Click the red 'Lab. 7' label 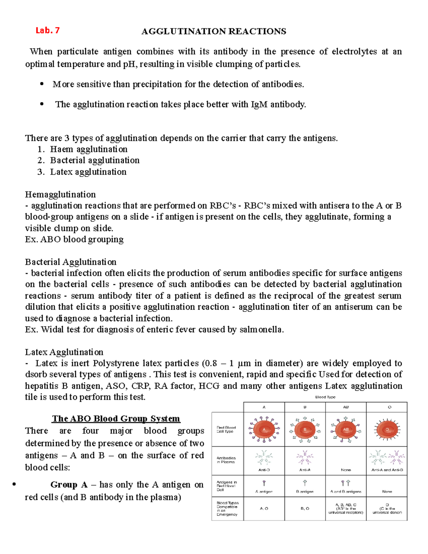point(47,31)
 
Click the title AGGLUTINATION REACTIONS point(214,31)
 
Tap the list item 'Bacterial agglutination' point(95,161)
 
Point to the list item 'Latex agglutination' point(88,172)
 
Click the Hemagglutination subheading point(60,194)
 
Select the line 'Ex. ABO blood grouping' point(74,239)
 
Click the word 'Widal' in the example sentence point(52,330)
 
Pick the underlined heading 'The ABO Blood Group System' point(116,418)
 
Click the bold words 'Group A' point(69,485)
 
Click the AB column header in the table point(346,407)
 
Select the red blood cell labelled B point(305,429)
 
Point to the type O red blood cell point(387,429)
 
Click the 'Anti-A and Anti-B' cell point(387,470)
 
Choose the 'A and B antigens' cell point(346,491)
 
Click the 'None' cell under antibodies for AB point(346,470)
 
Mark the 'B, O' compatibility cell point(305,508)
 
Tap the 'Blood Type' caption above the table point(325,397)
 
